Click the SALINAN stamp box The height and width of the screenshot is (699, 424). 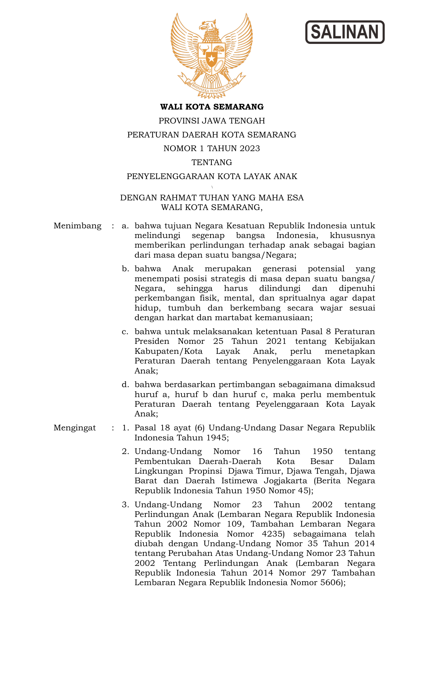(345, 32)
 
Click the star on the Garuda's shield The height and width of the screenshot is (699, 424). (212, 59)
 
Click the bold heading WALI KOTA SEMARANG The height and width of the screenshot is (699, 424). (212, 107)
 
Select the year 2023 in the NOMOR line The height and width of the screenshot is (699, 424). (247, 148)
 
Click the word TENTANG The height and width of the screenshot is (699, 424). (212, 162)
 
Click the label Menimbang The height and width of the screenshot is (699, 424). (77, 226)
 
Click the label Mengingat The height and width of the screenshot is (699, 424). (75, 428)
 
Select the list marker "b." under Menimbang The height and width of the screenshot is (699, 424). (125, 269)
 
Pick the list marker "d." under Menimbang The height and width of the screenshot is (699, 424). (125, 385)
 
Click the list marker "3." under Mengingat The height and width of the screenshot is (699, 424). (125, 505)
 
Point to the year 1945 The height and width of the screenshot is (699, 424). (216, 437)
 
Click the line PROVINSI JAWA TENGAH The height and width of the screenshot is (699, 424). (212, 121)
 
